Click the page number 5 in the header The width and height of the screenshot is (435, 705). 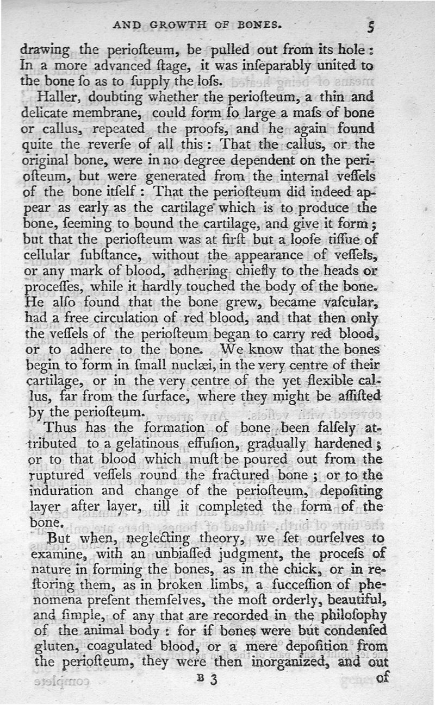(x=370, y=27)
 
